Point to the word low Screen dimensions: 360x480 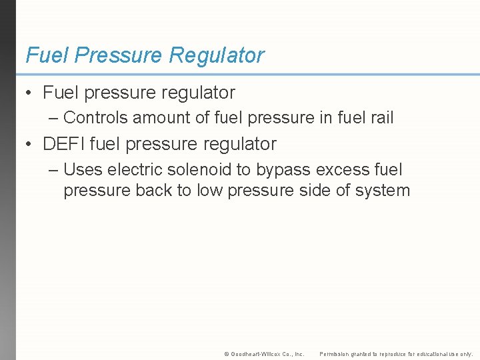[x=209, y=190]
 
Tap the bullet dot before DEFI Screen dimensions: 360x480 [x=29, y=144]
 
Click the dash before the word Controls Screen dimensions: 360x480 [x=53, y=119]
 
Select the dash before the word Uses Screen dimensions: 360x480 [x=53, y=171]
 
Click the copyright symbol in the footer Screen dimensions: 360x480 [x=226, y=354]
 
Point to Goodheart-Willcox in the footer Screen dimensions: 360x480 [x=257, y=354]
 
